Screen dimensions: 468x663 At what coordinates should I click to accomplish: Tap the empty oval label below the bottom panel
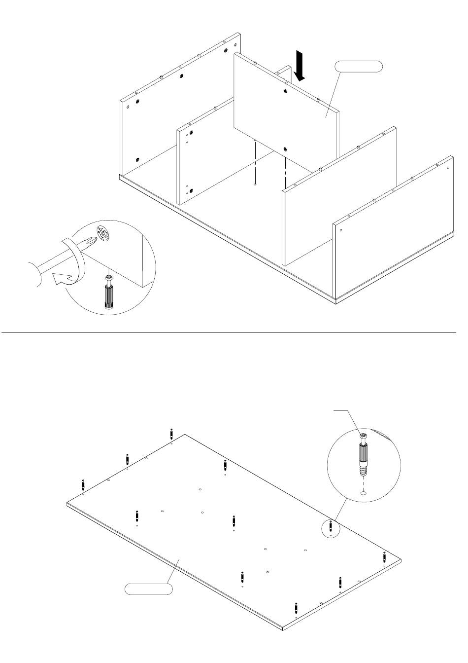coord(148,589)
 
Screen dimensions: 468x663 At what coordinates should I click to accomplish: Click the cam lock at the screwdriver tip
coord(104,232)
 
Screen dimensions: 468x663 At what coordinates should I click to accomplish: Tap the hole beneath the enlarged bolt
coord(364,492)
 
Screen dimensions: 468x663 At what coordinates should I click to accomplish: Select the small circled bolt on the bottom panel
coord(331,526)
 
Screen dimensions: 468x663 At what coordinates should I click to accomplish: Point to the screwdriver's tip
coord(89,241)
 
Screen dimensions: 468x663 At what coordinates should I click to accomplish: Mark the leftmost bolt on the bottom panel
coord(83,484)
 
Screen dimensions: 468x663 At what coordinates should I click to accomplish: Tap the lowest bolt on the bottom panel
coord(295,608)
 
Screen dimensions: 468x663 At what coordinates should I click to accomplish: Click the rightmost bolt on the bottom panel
coord(383,558)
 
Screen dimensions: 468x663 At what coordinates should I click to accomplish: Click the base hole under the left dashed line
coord(254,184)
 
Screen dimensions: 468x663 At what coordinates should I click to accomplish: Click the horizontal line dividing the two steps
coord(234,332)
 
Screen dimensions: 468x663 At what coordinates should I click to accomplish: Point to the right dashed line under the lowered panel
coord(285,170)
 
